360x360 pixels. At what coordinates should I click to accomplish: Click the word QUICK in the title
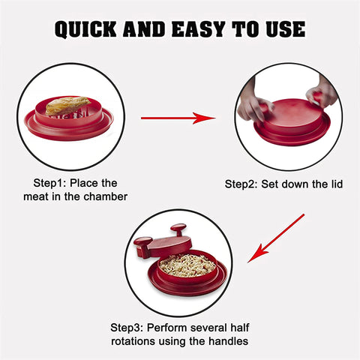coord(85,29)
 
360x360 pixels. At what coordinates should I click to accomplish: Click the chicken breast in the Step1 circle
coord(68,106)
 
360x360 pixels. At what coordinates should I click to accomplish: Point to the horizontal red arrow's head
coord(204,118)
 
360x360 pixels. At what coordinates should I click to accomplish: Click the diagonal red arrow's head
coord(257,253)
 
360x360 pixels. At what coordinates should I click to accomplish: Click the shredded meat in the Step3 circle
coord(187,265)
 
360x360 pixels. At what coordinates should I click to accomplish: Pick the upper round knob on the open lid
coord(178,229)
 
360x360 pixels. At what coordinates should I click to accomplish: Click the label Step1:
coord(49,183)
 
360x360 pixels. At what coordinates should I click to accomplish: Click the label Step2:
coord(241,184)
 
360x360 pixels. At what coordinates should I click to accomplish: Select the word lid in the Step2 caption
coord(335,184)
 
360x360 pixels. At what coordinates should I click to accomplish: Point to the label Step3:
coord(127,328)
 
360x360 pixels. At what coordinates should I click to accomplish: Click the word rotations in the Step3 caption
coord(133,341)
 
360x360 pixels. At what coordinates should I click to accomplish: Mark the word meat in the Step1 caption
coord(34,196)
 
